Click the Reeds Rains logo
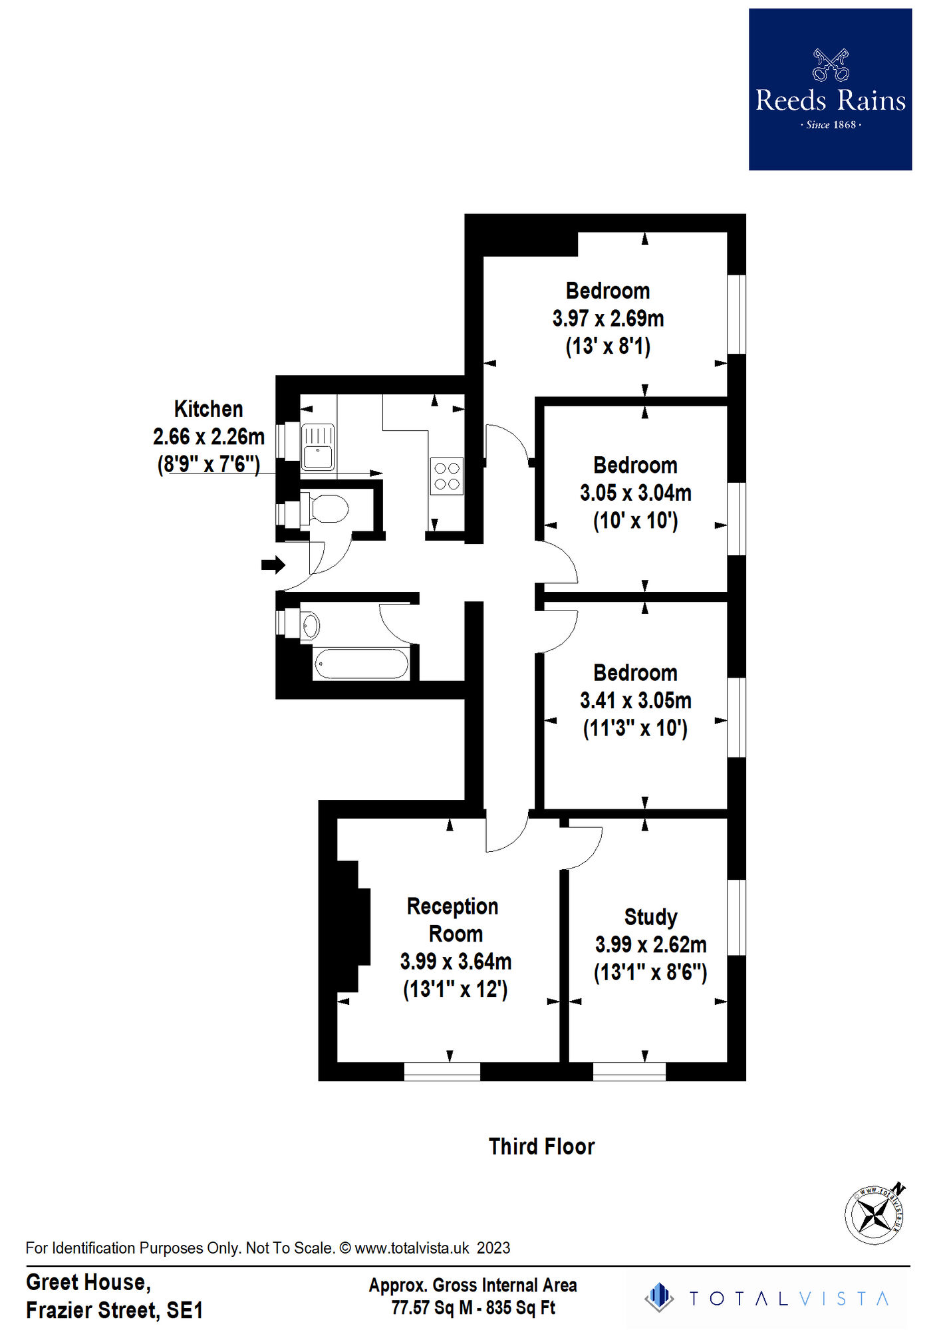click(x=830, y=89)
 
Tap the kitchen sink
click(x=318, y=448)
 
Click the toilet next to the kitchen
click(x=326, y=509)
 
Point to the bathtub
click(x=361, y=664)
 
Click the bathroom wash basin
click(x=310, y=626)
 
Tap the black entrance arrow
click(x=273, y=565)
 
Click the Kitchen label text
click(x=208, y=409)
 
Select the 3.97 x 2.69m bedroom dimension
click(x=608, y=319)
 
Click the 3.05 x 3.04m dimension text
click(x=635, y=493)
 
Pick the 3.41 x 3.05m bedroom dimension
click(x=635, y=700)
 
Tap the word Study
click(x=650, y=917)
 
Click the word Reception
click(x=452, y=906)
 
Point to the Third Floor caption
click(x=541, y=1147)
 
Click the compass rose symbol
click(x=875, y=1214)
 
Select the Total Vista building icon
click(x=659, y=1297)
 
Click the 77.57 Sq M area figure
click(x=432, y=1308)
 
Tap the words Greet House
click(x=88, y=1282)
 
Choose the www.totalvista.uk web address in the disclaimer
click(x=412, y=1248)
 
